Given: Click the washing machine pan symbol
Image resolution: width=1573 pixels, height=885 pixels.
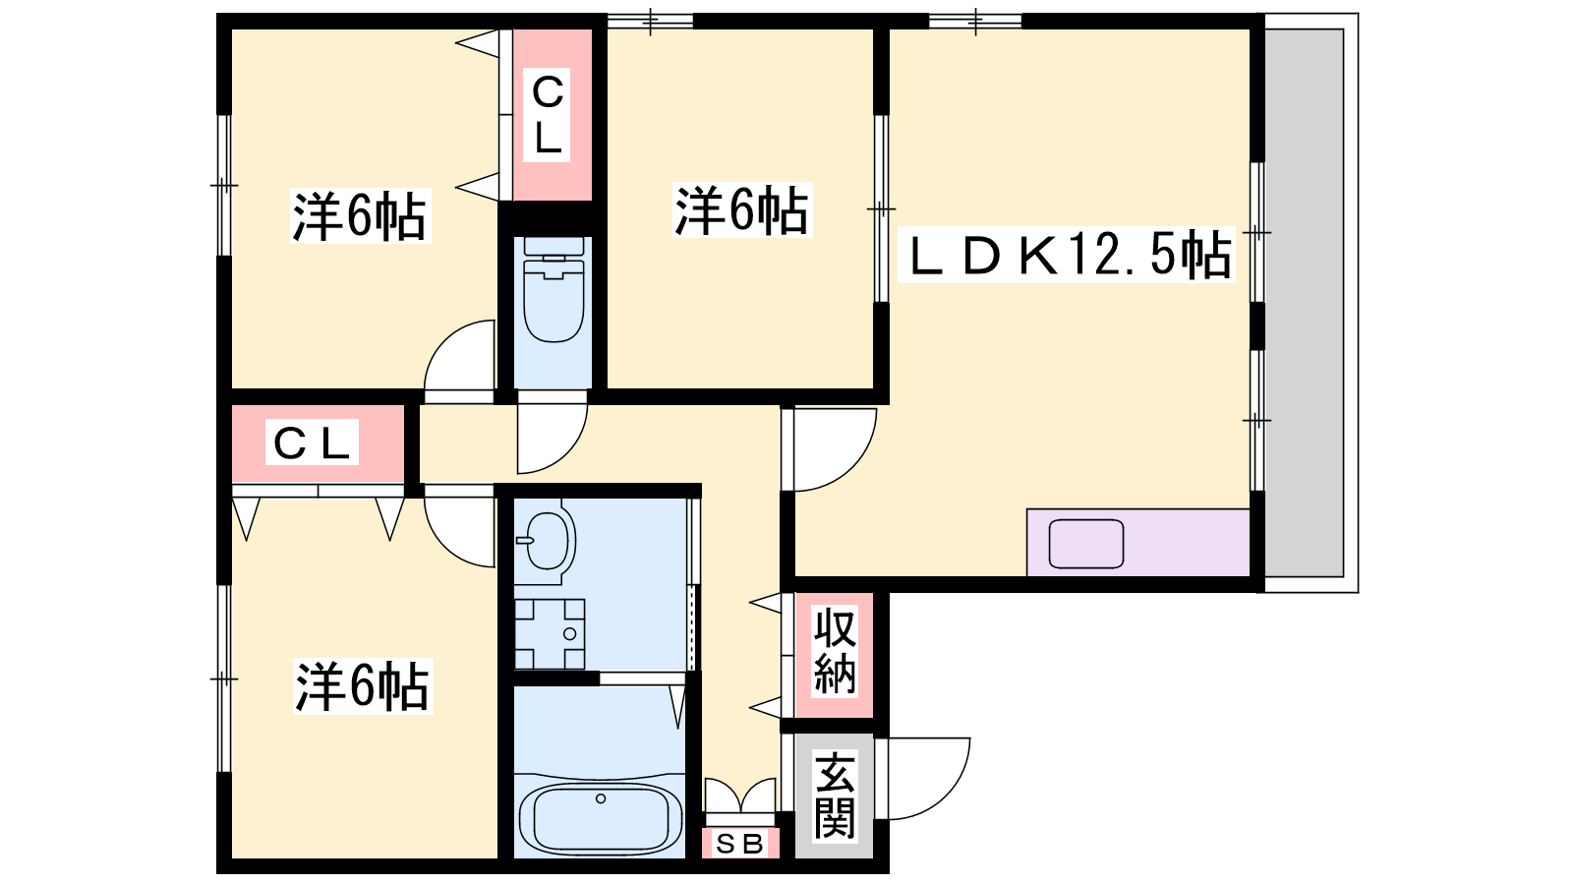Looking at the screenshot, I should [x=550, y=634].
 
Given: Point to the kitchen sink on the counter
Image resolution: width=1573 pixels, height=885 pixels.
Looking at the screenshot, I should [x=1086, y=544].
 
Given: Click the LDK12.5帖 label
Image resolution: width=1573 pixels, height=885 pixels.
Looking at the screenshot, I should [x=1067, y=256].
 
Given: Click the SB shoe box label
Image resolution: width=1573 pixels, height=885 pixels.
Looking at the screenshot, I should [x=739, y=844].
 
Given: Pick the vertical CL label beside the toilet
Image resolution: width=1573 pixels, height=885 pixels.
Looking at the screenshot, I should [x=548, y=115].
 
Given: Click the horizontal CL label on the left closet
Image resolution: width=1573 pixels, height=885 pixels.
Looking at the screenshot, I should [x=313, y=443].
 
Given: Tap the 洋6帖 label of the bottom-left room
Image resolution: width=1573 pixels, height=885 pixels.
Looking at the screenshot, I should [x=363, y=686].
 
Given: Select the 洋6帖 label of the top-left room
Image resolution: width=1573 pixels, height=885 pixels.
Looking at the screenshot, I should [x=360, y=216].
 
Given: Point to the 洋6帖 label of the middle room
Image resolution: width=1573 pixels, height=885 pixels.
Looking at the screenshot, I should [x=741, y=210].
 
